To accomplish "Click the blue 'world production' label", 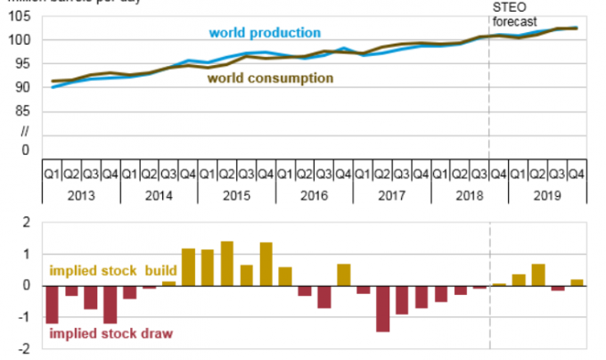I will [x=264, y=33].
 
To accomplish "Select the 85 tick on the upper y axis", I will [x=23, y=110].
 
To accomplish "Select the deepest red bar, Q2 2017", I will [x=382, y=308].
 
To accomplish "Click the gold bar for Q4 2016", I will [x=343, y=275].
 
